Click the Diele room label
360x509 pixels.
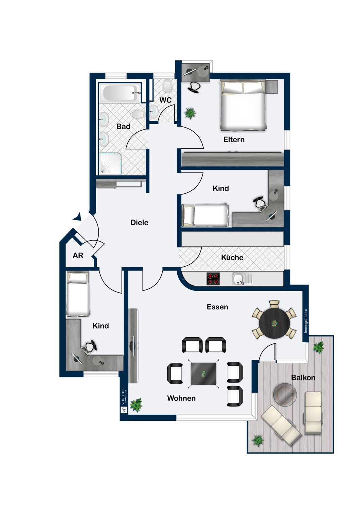pos(139,223)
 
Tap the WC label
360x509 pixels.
pos(165,100)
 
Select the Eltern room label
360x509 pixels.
pos(234,139)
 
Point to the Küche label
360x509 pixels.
pos(232,258)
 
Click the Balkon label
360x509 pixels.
pos(303,378)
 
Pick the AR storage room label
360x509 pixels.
pos(78,256)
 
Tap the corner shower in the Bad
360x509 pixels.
pos(110,164)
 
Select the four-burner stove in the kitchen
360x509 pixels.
pos(213,279)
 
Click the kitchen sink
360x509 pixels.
pos(242,279)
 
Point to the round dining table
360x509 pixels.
pos(274,323)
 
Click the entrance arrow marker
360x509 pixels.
pos(77,216)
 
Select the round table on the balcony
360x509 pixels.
pos(285,394)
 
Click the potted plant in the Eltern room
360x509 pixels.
pos(190,113)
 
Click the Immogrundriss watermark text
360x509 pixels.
pos(306,321)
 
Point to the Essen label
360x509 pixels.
pos(217,307)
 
